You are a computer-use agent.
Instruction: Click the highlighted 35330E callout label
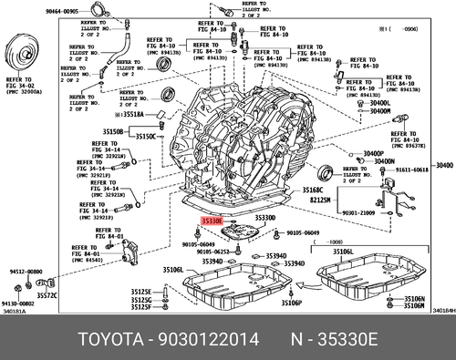tap(213, 220)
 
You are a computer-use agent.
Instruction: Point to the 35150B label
tap(113, 131)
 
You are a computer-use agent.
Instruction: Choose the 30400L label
tap(379, 103)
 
